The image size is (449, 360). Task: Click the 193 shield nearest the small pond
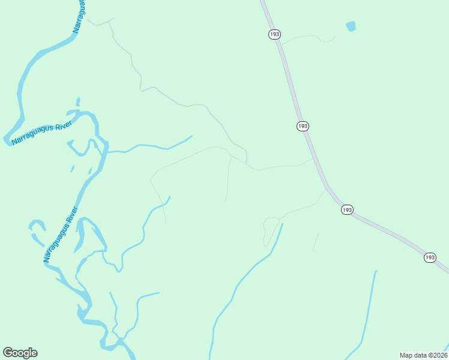pyautogui.click(x=274, y=34)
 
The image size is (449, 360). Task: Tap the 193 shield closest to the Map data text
pyautogui.click(x=429, y=257)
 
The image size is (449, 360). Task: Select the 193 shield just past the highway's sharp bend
pyautogui.click(x=347, y=209)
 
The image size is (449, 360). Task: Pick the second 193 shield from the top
pyautogui.click(x=303, y=126)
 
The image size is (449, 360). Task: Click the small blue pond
pyautogui.click(x=351, y=26)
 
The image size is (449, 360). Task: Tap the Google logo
pyautogui.click(x=20, y=352)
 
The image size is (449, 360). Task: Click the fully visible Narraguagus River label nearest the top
pyautogui.click(x=42, y=133)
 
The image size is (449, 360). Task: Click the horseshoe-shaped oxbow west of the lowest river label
pyautogui.click(x=36, y=227)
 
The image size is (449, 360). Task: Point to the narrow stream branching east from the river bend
pyautogui.click(x=150, y=146)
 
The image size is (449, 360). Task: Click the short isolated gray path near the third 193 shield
pyautogui.click(x=316, y=241)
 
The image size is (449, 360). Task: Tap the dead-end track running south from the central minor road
pyautogui.click(x=228, y=180)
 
